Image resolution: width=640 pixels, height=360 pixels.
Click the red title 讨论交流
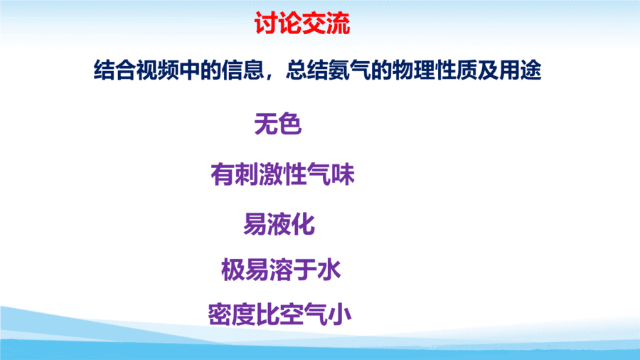302,23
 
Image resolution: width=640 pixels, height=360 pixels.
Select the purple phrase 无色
277,124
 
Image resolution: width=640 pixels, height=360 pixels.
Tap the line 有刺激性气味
282,174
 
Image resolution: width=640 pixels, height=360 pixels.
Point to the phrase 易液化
279,223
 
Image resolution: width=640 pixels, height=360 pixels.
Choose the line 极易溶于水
281,270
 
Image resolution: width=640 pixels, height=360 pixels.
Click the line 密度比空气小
279,314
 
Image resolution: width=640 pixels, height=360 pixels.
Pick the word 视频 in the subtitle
158,70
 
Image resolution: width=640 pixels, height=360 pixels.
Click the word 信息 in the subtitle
243,70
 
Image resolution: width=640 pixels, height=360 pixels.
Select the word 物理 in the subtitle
413,70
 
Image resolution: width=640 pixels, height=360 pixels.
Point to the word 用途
520,70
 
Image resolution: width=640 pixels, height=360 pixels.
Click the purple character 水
329,270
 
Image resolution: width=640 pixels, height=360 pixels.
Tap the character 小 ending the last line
340,314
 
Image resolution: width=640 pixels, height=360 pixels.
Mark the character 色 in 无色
290,124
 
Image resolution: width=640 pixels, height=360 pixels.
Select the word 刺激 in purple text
258,174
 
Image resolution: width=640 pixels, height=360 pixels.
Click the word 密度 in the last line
232,314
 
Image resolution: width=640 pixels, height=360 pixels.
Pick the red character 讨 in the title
266,23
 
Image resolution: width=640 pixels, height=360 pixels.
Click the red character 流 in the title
338,23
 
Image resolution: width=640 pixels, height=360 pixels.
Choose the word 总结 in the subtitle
307,70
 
